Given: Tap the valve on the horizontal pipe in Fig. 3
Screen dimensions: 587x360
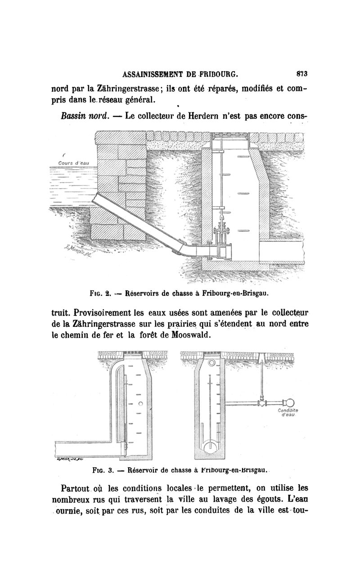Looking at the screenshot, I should [261, 402].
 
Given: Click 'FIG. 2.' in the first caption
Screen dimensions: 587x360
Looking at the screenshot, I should [101, 293].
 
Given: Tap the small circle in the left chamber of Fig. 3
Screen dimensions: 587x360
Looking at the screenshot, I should [141, 403].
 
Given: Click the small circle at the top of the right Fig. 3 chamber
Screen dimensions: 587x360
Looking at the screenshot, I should [211, 363].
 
